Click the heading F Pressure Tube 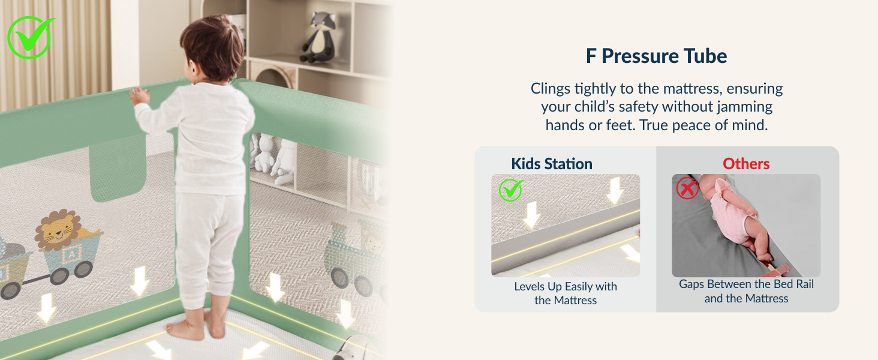pyautogui.click(x=656, y=56)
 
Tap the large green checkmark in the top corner pyautogui.click(x=29, y=37)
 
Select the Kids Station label pyautogui.click(x=551, y=164)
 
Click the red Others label pyautogui.click(x=746, y=164)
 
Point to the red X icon pyautogui.click(x=687, y=188)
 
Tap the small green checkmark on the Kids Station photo pyautogui.click(x=510, y=190)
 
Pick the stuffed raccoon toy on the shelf pyautogui.click(x=318, y=37)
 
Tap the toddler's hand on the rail pyautogui.click(x=140, y=95)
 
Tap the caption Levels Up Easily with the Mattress pyautogui.click(x=566, y=293)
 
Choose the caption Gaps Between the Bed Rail pyautogui.click(x=746, y=284)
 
